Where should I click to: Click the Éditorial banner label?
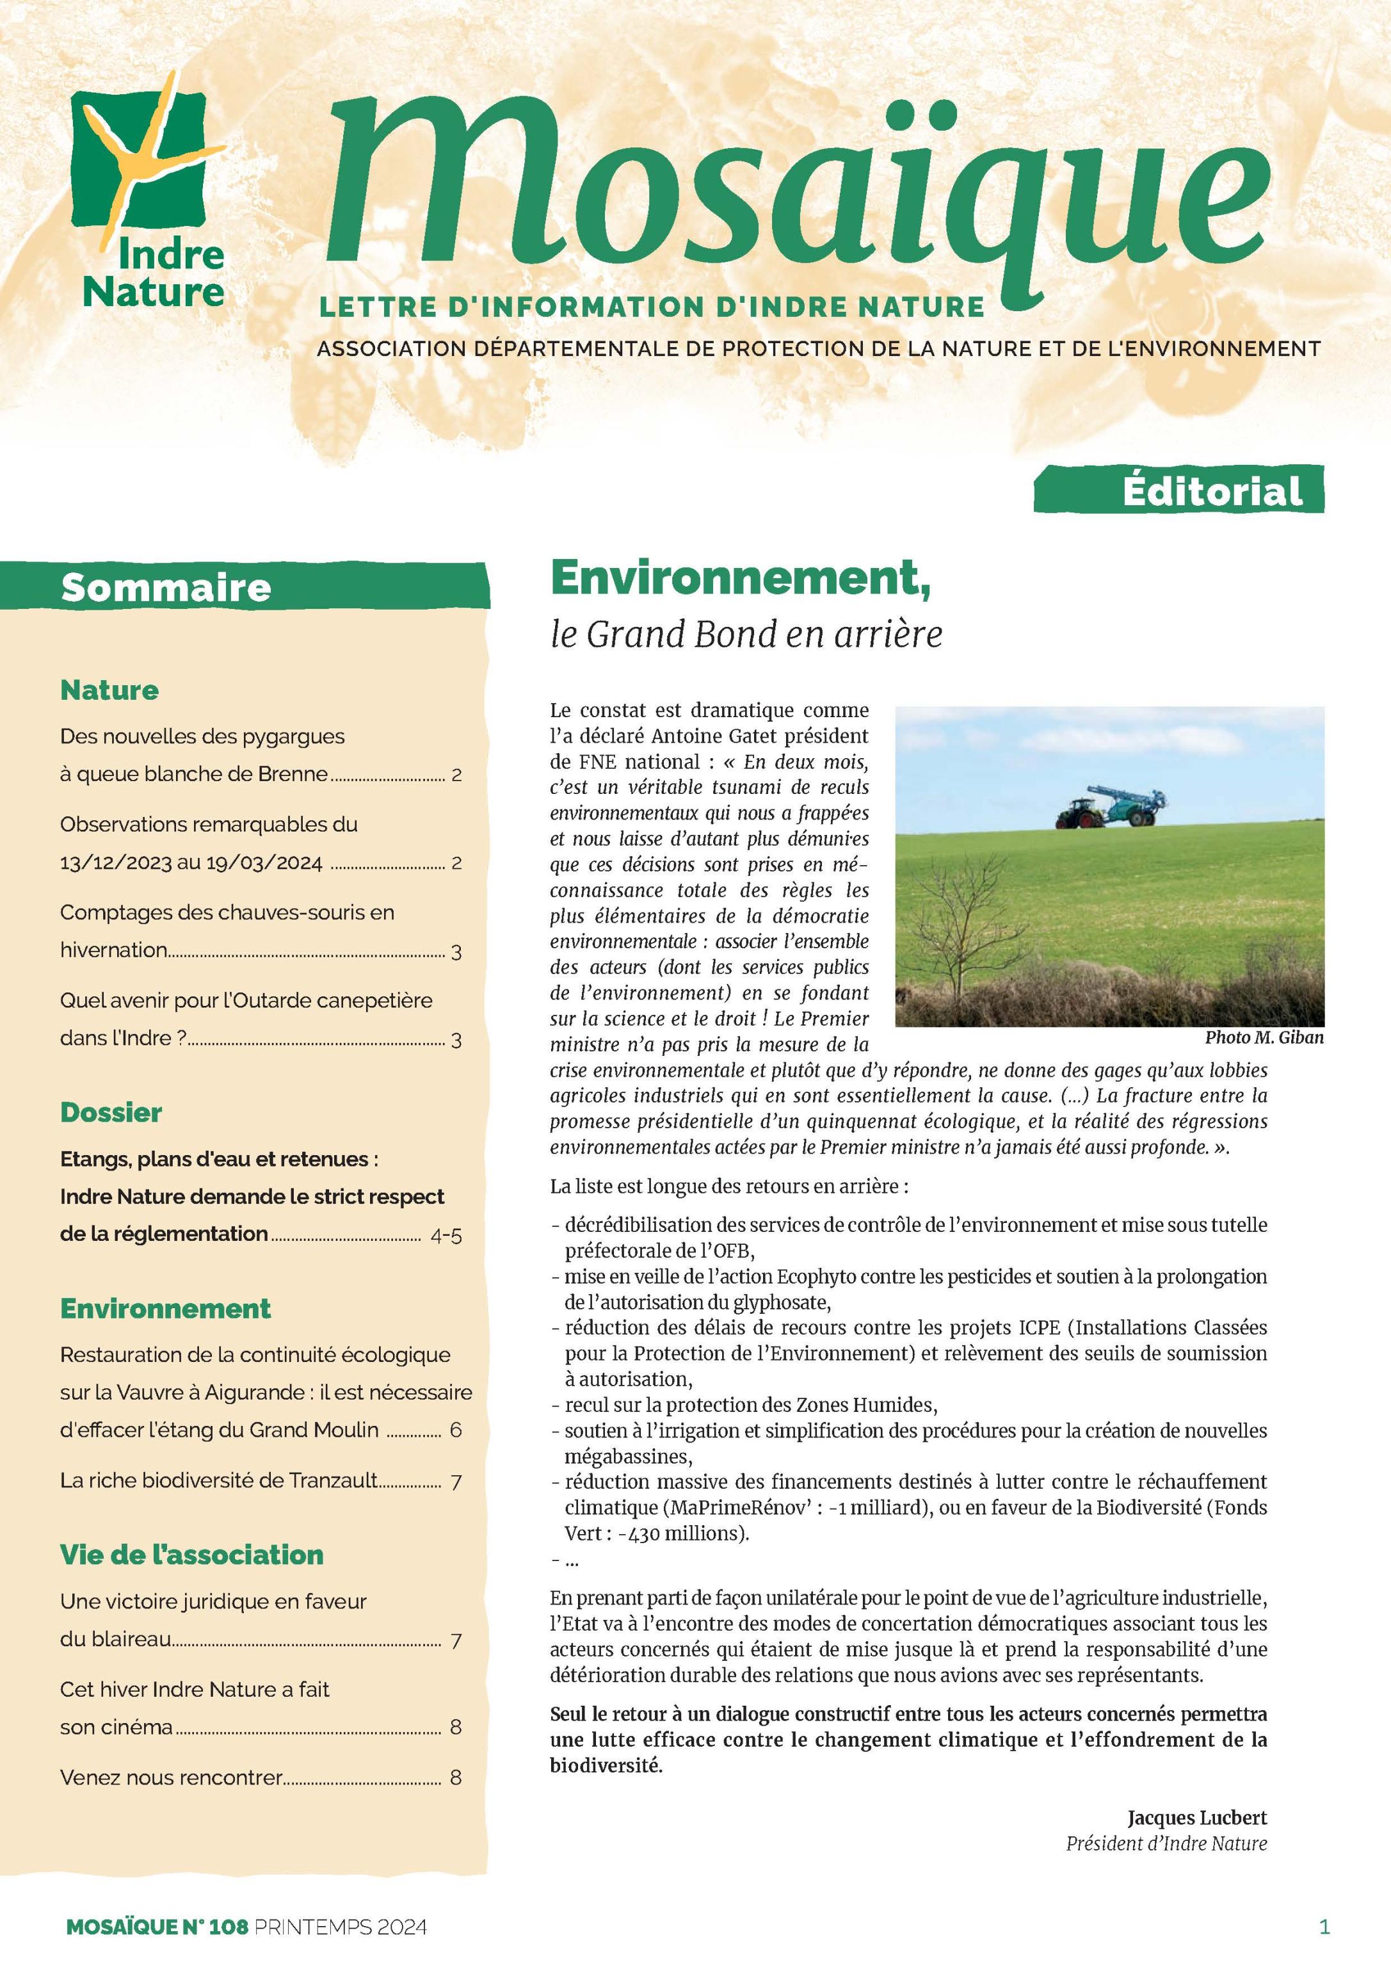[1211, 491]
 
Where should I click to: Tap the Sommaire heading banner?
[166, 588]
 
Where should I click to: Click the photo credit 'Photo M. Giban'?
[1264, 1037]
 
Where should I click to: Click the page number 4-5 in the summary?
[446, 1235]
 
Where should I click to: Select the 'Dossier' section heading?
[111, 1113]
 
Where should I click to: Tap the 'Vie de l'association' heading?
[192, 1555]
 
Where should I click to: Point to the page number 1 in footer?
[1324, 1927]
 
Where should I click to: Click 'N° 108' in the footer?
[214, 1927]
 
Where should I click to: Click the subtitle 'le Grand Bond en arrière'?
[745, 634]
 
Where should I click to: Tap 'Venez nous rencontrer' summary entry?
[172, 1777]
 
